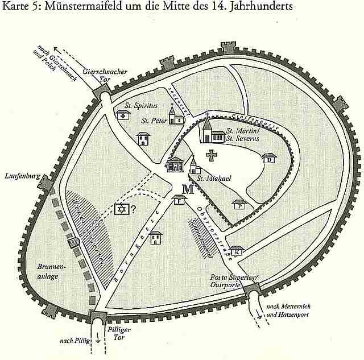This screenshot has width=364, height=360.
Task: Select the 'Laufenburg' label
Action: (x=21, y=176)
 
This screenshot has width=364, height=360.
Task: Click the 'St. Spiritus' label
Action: (x=142, y=106)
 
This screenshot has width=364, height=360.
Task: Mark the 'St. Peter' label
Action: (x=154, y=121)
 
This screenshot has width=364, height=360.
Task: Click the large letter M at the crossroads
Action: (x=188, y=189)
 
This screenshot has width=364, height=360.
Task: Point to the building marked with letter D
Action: (x=268, y=159)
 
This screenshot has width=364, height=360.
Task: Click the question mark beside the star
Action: (x=134, y=209)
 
